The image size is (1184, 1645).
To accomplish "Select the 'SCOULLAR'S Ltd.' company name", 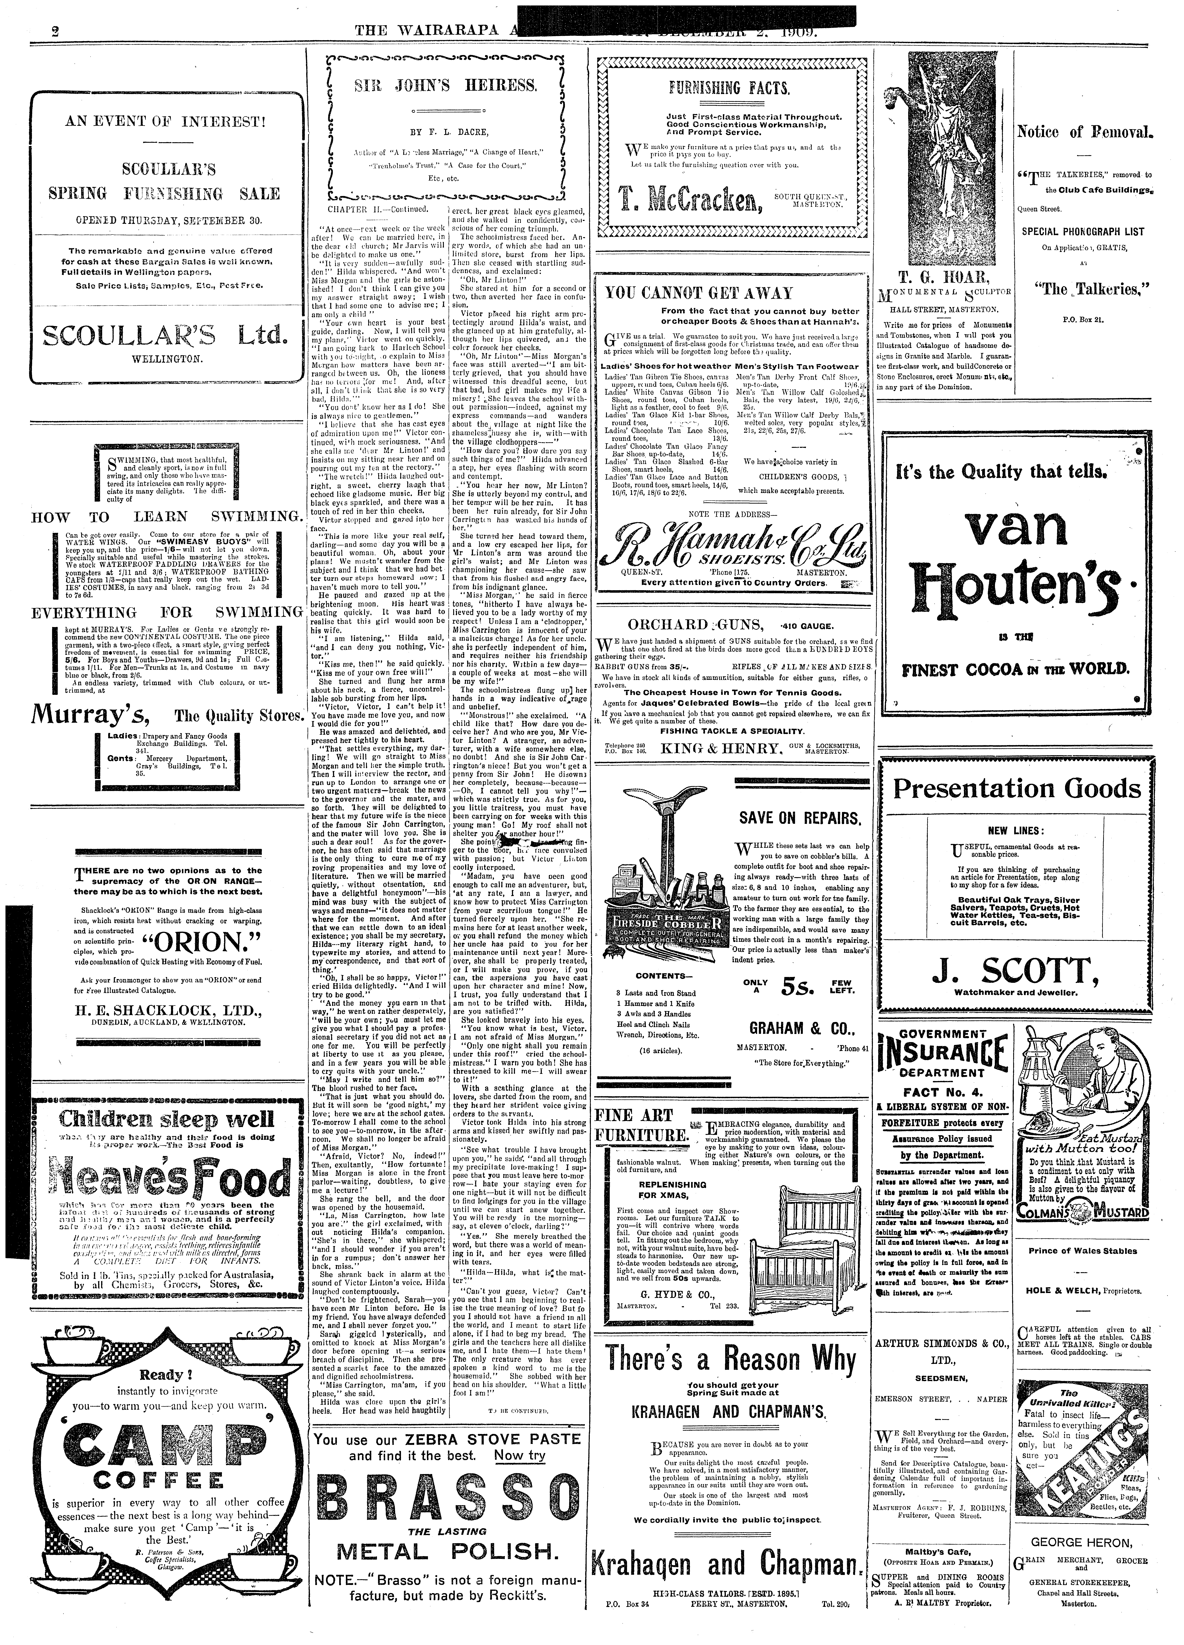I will [165, 335].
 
